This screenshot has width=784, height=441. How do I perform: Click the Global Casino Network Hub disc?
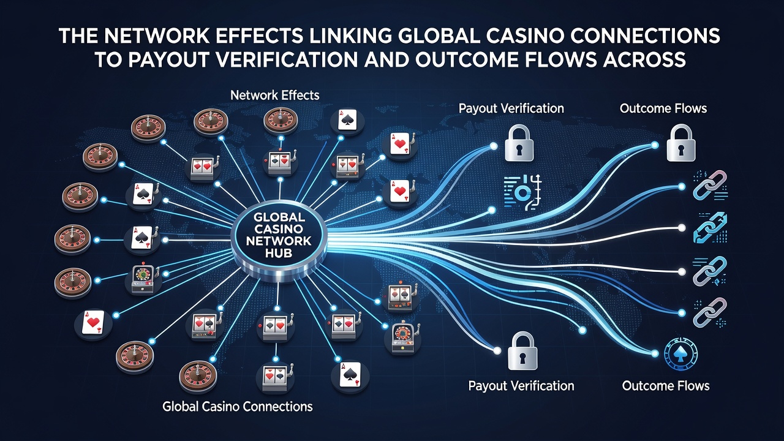click(x=279, y=241)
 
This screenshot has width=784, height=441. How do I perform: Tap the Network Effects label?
click(x=275, y=95)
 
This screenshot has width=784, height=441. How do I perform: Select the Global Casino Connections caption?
click(x=237, y=406)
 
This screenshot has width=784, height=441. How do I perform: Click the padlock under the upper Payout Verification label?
click(x=519, y=143)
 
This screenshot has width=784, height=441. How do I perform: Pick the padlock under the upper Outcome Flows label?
click(x=680, y=143)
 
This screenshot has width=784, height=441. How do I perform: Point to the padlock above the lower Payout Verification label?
click(x=522, y=351)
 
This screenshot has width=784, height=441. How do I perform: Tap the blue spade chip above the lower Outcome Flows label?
click(x=680, y=354)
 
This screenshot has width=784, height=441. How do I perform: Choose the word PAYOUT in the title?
click(x=167, y=59)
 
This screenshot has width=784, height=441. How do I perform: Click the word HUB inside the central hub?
click(x=279, y=253)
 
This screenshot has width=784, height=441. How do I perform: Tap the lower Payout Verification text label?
click(x=521, y=386)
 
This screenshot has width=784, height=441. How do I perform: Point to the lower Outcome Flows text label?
click(x=666, y=386)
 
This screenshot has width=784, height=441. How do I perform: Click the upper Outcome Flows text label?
click(x=663, y=108)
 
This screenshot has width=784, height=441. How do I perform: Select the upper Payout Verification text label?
click(x=511, y=108)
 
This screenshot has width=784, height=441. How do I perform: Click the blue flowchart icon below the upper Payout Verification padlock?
click(x=522, y=193)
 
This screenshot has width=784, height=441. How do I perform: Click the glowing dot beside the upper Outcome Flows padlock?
click(x=655, y=145)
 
